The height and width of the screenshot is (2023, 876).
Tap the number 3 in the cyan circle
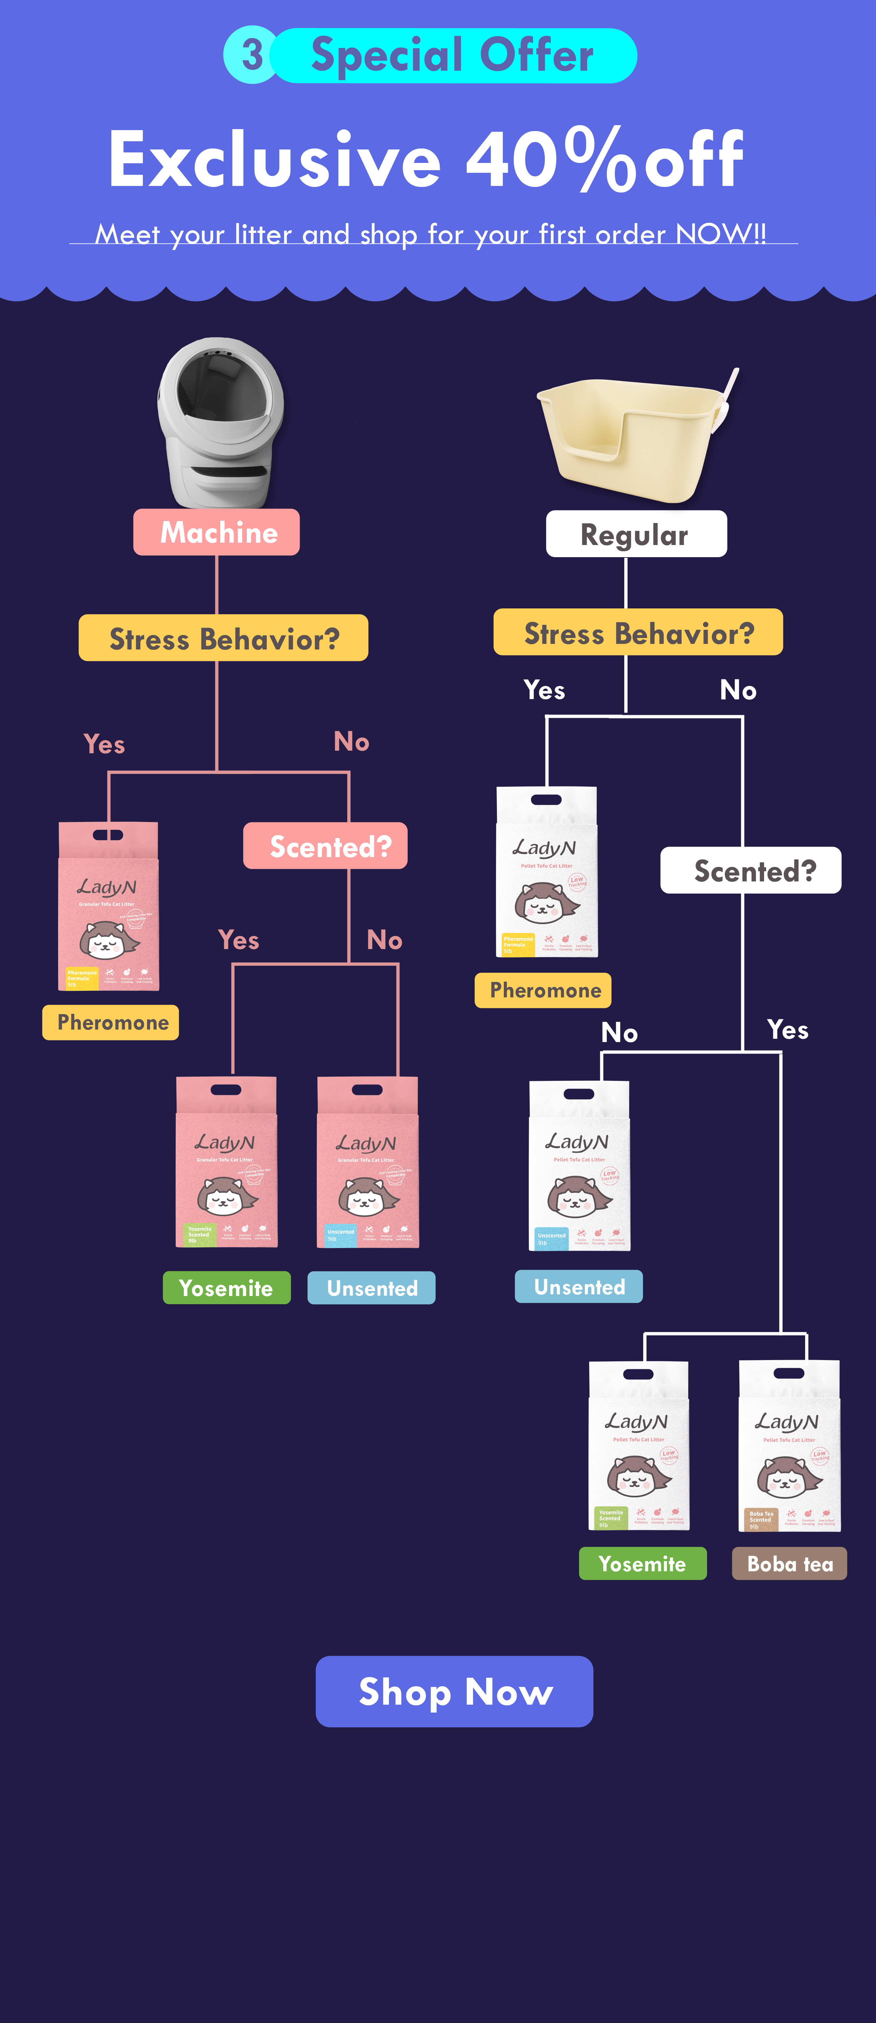pyautogui.click(x=251, y=55)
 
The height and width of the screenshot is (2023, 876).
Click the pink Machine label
pyautogui.click(x=217, y=533)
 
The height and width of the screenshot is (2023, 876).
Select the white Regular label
pyautogui.click(x=636, y=534)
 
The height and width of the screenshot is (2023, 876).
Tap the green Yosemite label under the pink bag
pyautogui.click(x=226, y=1288)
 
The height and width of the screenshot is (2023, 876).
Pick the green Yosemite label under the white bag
pyautogui.click(x=642, y=1564)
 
